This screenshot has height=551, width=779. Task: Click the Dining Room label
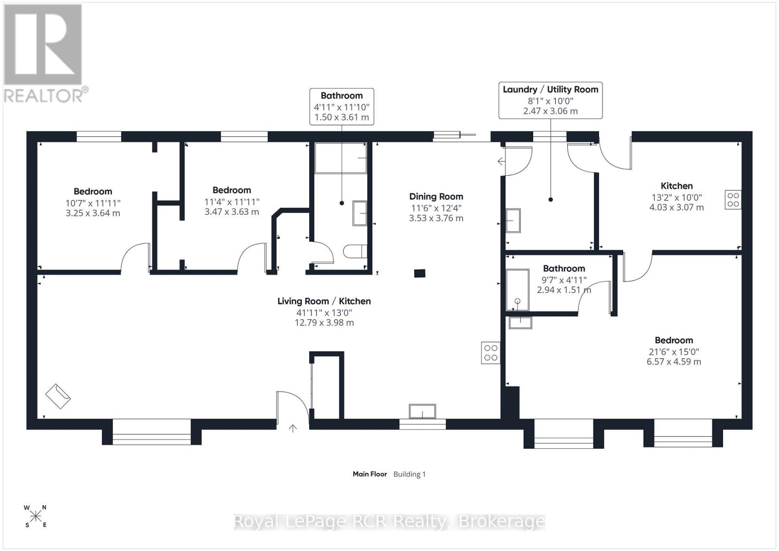(436, 197)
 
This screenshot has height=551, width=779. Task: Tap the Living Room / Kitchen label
(324, 301)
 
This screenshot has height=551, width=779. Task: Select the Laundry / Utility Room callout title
(551, 90)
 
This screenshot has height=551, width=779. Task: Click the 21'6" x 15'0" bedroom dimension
(674, 352)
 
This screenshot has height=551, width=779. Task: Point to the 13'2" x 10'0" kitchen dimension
(677, 198)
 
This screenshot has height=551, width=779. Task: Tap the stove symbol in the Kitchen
(733, 200)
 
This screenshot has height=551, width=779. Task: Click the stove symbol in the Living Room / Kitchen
(491, 353)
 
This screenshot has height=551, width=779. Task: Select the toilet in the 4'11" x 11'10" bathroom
(355, 251)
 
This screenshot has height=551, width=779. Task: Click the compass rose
(36, 516)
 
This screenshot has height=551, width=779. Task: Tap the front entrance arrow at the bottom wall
(293, 428)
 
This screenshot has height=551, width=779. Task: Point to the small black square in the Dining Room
(420, 273)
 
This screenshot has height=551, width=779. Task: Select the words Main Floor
(370, 474)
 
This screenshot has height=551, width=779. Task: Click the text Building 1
(409, 474)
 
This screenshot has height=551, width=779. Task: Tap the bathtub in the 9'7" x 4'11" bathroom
(518, 290)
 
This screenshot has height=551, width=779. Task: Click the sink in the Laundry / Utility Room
(513, 220)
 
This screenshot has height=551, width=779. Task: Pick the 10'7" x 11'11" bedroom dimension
(93, 203)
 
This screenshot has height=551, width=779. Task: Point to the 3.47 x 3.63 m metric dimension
(232, 212)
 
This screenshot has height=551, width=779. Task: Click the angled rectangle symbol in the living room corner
(58, 396)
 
